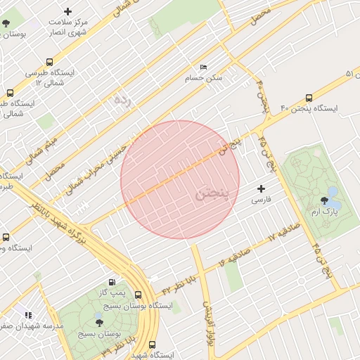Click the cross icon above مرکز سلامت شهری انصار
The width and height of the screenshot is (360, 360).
tap(67, 11)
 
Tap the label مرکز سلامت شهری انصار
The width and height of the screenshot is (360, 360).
tap(67, 27)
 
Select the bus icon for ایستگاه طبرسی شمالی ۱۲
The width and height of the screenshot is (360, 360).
tap(49, 62)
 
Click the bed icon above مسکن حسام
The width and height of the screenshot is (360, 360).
tap(204, 67)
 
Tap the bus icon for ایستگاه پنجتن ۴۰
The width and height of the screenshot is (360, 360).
tap(309, 98)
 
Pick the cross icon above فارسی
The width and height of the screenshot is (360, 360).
tap(262, 188)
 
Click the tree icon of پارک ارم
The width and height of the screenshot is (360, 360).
tap(324, 200)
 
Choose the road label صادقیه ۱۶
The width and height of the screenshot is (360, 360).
tap(235, 257)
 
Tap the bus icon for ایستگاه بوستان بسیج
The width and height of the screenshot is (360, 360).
tap(138, 295)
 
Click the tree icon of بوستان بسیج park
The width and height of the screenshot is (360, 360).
tap(98, 323)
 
